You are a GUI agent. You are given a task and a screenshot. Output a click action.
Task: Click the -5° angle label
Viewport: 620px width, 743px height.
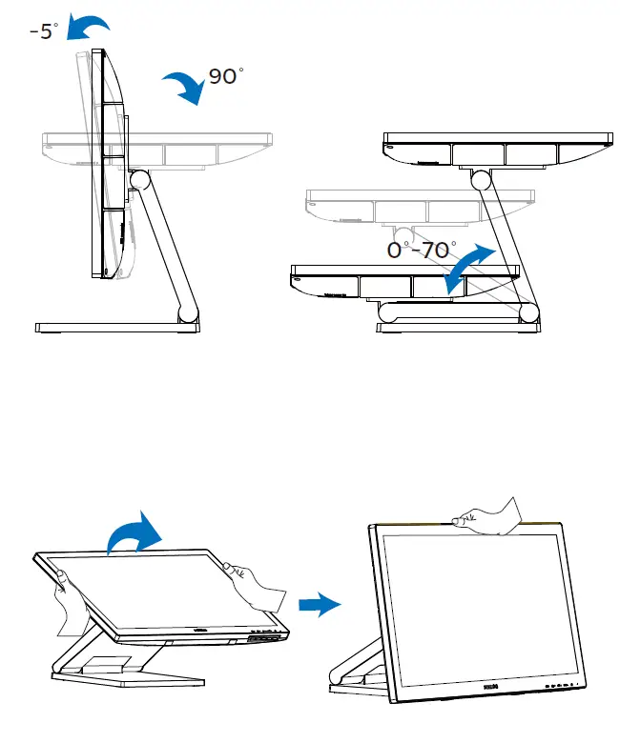pyautogui.click(x=42, y=31)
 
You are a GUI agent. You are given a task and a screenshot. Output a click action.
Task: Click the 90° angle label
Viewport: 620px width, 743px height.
pyautogui.click(x=225, y=76)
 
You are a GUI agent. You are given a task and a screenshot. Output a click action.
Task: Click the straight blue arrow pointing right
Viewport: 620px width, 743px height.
pyautogui.click(x=319, y=604)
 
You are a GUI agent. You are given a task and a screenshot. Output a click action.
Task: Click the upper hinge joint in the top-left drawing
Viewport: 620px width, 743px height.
pyautogui.click(x=139, y=178)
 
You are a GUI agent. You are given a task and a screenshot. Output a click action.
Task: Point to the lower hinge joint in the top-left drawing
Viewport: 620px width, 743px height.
pyautogui.click(x=189, y=311)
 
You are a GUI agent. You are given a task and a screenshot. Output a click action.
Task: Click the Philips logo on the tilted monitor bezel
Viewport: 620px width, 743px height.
pyautogui.click(x=199, y=630)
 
